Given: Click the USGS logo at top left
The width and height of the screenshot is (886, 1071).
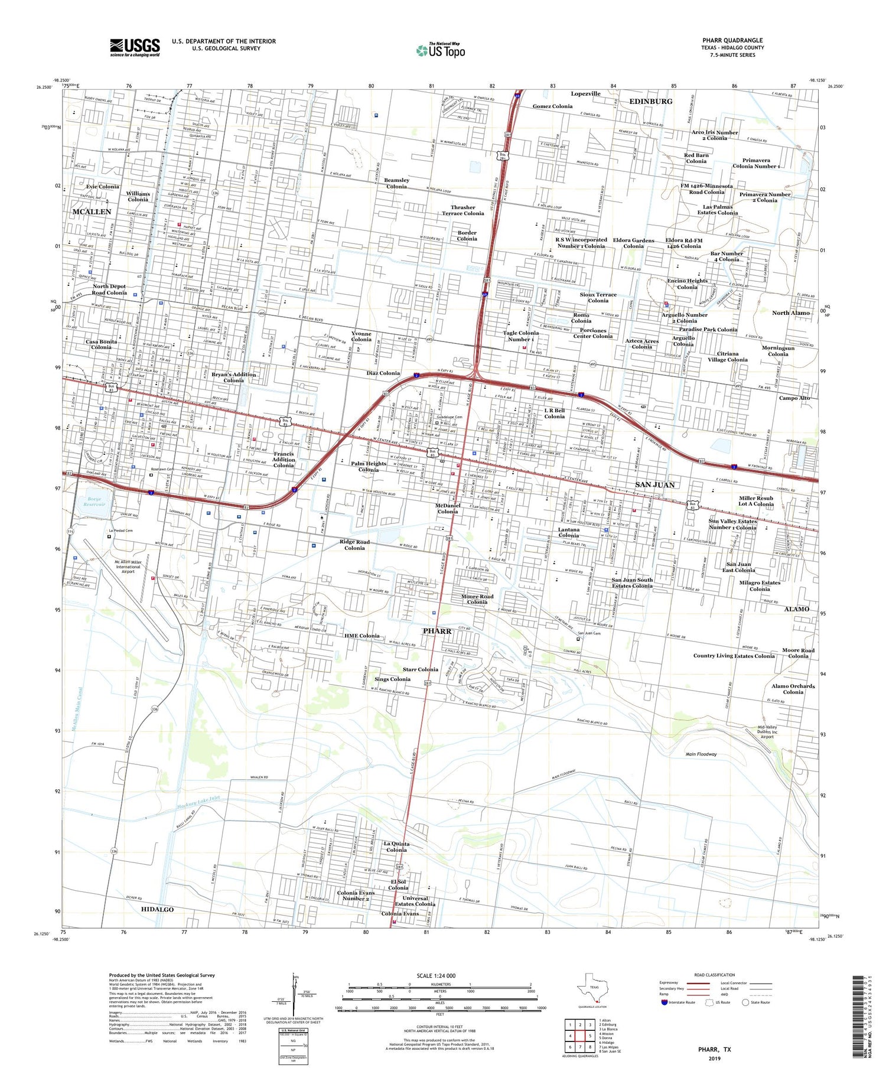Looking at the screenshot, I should click(x=135, y=47).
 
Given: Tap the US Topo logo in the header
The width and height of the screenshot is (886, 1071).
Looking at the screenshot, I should click(x=441, y=51).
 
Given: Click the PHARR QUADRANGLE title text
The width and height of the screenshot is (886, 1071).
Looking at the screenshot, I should click(x=732, y=40).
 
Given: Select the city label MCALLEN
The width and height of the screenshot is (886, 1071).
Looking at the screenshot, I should click(x=92, y=211).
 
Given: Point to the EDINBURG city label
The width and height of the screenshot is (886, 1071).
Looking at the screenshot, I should click(x=651, y=102).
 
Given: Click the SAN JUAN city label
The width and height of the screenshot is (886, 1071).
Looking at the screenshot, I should click(x=654, y=484).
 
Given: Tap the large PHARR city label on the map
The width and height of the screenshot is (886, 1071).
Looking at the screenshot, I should click(x=437, y=631).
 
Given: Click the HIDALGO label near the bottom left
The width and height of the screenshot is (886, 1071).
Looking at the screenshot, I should click(x=157, y=909).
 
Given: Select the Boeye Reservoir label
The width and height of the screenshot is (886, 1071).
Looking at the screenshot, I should click(x=93, y=502).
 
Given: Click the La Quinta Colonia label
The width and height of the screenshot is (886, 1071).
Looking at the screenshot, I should click(x=396, y=847).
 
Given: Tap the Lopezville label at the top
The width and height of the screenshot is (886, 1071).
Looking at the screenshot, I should click(x=585, y=93).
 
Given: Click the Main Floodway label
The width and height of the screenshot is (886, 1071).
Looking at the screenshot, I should click(x=701, y=754).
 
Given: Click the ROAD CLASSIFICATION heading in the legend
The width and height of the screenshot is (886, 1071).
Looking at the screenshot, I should click(x=715, y=975).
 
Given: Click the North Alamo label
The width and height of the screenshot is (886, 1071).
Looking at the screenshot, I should click(x=791, y=312).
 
